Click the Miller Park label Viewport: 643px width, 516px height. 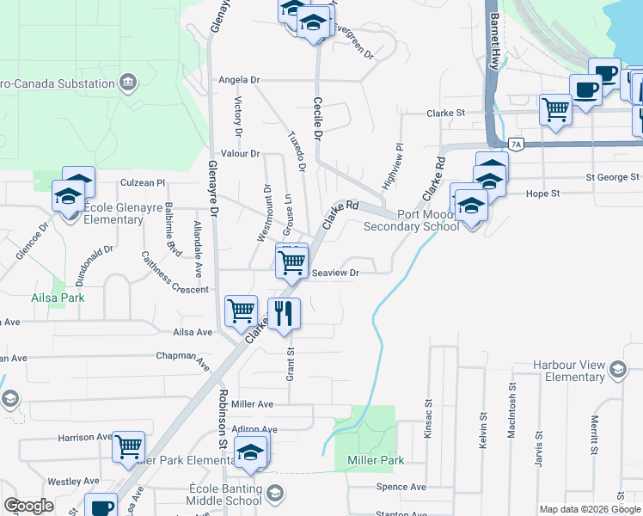(376, 461)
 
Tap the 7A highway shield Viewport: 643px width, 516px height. (516, 144)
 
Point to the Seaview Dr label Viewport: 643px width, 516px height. (334, 273)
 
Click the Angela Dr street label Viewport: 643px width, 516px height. (239, 80)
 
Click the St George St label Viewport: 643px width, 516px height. (614, 177)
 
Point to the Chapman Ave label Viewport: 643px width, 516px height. (183, 357)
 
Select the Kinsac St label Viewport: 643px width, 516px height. (427, 417)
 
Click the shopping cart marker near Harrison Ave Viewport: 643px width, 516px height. (128, 446)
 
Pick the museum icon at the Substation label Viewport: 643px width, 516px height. (128, 83)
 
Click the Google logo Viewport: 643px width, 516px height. (28, 506)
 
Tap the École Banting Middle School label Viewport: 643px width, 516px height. (225, 494)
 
